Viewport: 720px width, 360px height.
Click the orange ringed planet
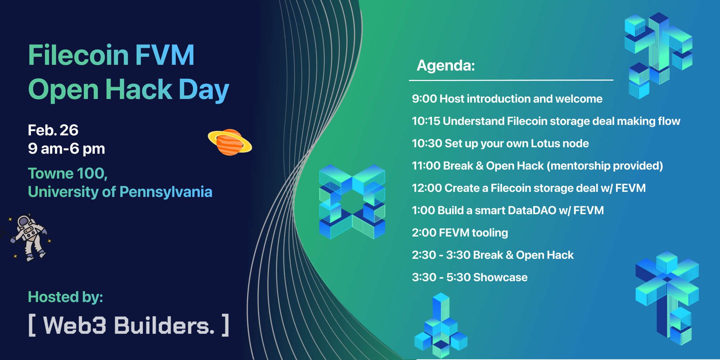click(230, 142)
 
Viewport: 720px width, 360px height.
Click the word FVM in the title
click(165, 55)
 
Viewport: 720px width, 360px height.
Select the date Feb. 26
click(53, 130)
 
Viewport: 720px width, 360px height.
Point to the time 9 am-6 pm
click(67, 149)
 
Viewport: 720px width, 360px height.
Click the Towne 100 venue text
click(68, 174)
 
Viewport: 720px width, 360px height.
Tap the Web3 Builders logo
click(129, 325)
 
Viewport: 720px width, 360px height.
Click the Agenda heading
click(446, 66)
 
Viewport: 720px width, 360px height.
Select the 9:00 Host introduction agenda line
click(507, 99)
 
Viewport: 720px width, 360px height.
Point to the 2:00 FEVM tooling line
click(460, 233)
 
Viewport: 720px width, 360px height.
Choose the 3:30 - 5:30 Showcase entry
click(470, 277)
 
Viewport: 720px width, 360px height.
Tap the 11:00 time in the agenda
click(426, 166)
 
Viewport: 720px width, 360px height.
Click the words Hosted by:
click(66, 297)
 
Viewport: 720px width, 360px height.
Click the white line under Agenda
click(511, 80)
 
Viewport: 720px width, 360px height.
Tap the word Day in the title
click(204, 90)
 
